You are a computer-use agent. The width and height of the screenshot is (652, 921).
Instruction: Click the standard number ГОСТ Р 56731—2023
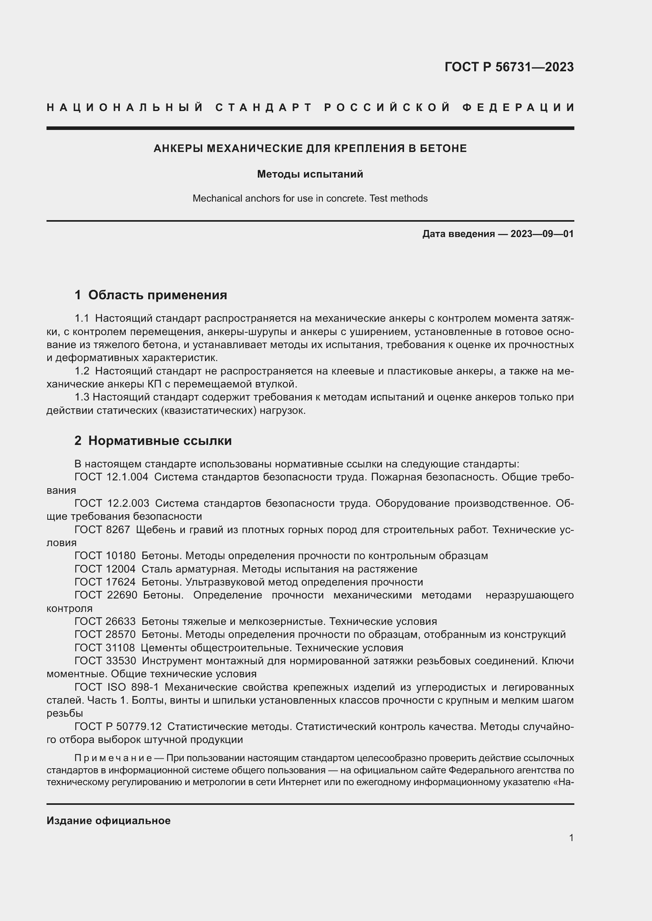tap(509, 67)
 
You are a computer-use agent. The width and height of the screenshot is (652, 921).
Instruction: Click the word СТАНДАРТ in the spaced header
tap(264, 107)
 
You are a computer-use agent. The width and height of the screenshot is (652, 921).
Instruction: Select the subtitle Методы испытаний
tap(310, 174)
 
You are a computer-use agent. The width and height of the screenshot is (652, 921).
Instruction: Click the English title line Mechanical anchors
tap(310, 198)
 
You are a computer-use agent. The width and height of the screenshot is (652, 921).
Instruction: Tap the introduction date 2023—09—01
tap(542, 234)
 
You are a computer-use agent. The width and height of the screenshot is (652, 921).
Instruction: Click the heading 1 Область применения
tap(151, 295)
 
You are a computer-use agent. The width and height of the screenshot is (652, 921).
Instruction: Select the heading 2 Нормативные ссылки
tap(153, 441)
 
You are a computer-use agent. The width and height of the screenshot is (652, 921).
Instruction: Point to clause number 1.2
tap(82, 371)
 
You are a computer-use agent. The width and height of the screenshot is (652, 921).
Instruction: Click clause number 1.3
tap(82, 397)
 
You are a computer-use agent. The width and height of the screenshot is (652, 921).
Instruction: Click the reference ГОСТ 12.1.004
tap(111, 477)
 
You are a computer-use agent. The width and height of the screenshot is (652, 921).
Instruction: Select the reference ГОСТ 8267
tap(102, 530)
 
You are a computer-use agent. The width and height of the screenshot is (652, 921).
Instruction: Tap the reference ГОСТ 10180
tap(105, 556)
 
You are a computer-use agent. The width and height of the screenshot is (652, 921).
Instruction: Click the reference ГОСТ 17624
tap(105, 582)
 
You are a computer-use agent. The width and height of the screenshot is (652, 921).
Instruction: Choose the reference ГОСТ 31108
tap(105, 648)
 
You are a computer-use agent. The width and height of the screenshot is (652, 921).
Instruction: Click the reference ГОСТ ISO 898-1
tap(116, 688)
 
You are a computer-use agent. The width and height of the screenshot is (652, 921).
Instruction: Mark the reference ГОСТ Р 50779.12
tap(118, 726)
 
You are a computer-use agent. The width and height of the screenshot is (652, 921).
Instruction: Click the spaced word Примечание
tap(113, 758)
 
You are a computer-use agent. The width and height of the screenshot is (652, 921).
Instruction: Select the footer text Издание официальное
tap(108, 821)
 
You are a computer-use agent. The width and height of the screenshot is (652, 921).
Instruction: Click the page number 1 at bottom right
tap(571, 838)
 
